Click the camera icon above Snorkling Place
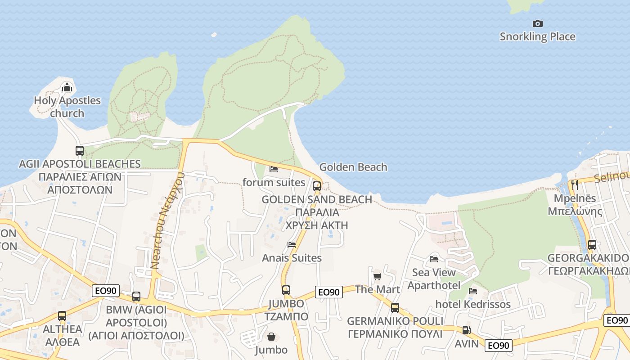point(537,23)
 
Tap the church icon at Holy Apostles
point(67,87)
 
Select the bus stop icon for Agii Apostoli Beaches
point(80,150)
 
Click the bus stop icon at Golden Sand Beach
point(317,185)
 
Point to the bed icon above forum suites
point(273,169)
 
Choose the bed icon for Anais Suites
point(292,245)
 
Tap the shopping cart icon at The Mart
point(377,276)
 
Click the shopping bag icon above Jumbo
point(271,336)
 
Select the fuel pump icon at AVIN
point(466,330)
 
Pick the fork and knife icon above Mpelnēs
point(574,184)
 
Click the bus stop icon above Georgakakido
point(592,245)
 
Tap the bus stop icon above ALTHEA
point(62,315)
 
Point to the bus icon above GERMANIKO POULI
point(395,308)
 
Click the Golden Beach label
point(353,167)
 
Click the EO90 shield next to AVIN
point(499,346)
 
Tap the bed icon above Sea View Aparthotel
point(434,259)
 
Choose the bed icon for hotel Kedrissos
point(473,291)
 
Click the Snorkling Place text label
point(537,37)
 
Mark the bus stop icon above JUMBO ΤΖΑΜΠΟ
point(286,290)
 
